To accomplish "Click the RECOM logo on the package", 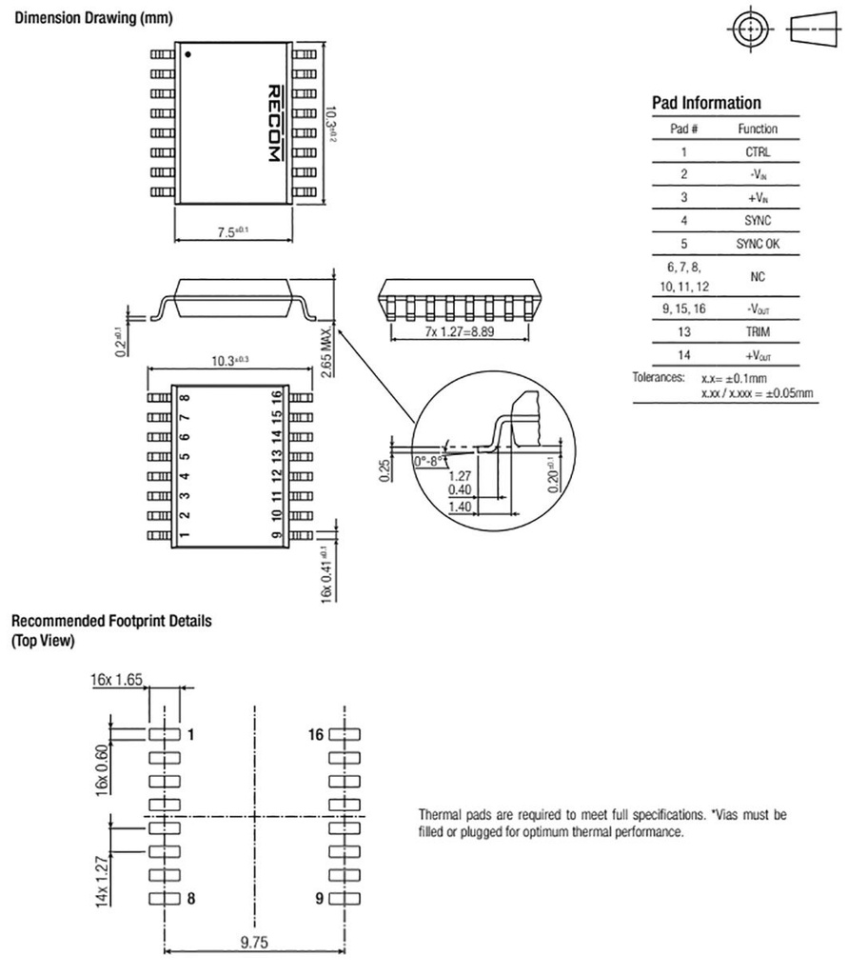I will point(272,121).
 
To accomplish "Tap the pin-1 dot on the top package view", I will point(188,54).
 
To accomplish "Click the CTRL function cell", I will point(758,151).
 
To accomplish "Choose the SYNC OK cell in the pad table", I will point(758,244).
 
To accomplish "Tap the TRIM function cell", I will point(758,332).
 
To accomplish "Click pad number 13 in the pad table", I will point(683,332).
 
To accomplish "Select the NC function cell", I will point(758,277).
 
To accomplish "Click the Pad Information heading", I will point(705,104).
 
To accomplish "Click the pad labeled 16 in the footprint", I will point(345,734).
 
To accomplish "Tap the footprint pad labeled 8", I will point(164,898).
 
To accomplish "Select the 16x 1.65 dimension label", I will point(116,680).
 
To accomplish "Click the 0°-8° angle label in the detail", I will point(430,461).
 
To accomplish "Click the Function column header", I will point(758,129).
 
